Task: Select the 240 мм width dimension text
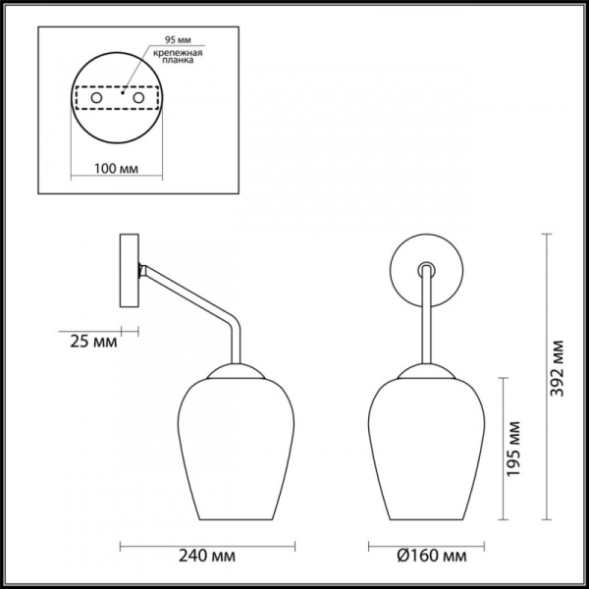point(209,557)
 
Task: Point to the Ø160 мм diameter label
point(426,557)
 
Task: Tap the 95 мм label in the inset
point(164,44)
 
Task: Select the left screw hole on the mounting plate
point(96,100)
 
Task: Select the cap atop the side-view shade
point(237,370)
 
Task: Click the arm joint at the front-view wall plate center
point(425,267)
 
